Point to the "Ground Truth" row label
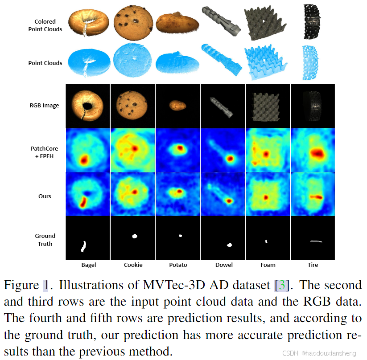(x=45, y=240)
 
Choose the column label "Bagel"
(x=88, y=265)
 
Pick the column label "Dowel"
(x=223, y=265)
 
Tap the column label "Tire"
(x=313, y=265)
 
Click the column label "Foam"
(x=268, y=265)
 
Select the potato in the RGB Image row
(x=177, y=105)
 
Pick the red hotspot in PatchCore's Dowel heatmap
(x=230, y=158)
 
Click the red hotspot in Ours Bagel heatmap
(x=83, y=202)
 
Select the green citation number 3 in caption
(x=281, y=285)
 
